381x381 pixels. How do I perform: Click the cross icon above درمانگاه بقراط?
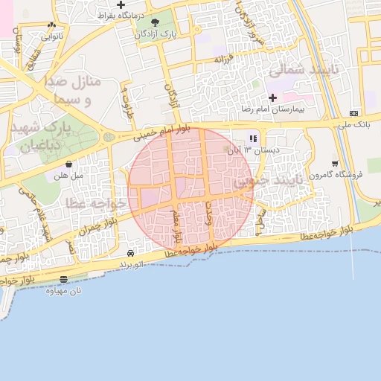121,5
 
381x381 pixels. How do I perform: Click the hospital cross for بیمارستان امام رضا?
272,98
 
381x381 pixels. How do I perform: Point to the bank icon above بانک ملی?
353,113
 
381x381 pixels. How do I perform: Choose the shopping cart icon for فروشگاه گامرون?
335,164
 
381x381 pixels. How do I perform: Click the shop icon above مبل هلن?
68,164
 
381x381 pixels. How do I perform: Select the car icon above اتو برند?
131,254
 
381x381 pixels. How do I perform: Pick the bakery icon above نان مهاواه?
63,280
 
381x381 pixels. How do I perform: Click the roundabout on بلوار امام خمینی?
109,137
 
